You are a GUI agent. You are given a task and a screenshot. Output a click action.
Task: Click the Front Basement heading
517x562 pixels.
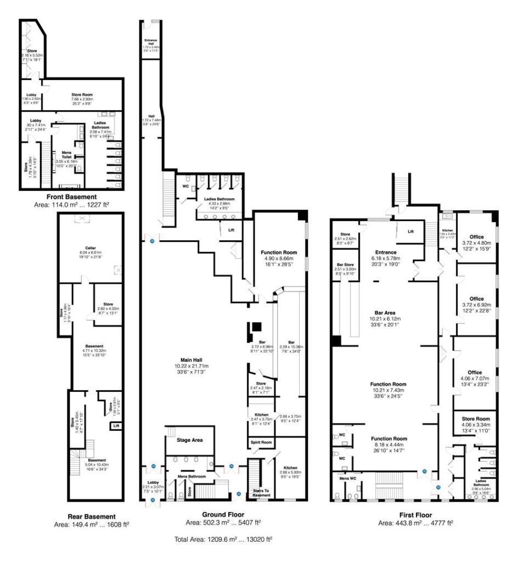point(70,197)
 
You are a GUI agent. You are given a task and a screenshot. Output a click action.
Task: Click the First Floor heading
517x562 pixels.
point(415,516)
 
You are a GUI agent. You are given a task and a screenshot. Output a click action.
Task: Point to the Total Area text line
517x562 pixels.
point(223,539)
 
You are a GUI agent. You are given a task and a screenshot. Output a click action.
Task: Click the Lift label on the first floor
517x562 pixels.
point(411,232)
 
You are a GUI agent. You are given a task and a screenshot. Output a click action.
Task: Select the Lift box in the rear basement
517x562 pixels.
point(116,425)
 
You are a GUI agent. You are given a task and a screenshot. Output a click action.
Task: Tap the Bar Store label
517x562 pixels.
point(346,265)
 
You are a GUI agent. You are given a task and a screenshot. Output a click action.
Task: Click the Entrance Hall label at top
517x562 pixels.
point(151,42)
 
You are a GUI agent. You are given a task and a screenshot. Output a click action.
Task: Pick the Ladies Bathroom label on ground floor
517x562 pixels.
point(219,199)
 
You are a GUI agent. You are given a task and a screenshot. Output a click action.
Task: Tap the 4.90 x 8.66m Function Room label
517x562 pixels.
point(279,253)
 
